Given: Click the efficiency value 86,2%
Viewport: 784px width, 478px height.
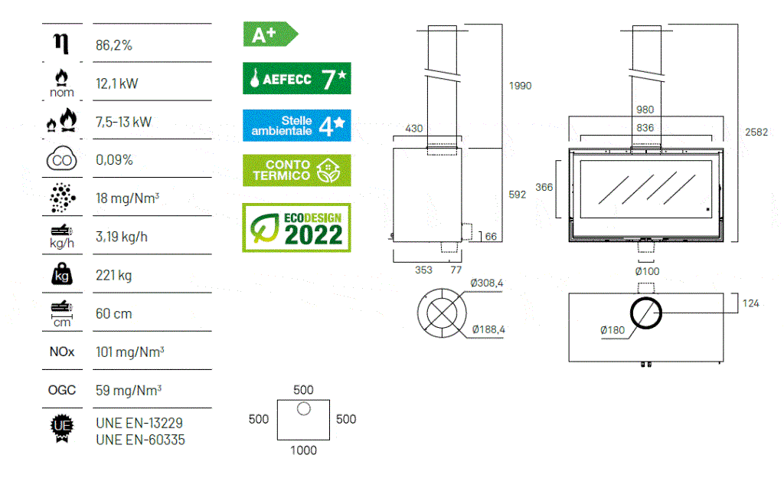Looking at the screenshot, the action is (114, 45).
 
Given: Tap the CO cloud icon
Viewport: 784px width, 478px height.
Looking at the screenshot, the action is (61, 159).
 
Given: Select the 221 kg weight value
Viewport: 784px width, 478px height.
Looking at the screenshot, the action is (114, 276).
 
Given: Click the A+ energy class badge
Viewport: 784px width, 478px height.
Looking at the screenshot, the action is (270, 34).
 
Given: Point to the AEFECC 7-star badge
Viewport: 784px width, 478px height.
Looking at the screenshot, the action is (297, 78).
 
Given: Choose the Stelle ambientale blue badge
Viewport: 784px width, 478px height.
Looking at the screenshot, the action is (297, 126).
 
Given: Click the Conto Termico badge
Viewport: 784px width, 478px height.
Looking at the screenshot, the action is (297, 171).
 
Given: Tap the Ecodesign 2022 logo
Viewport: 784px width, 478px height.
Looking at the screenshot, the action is (296, 228).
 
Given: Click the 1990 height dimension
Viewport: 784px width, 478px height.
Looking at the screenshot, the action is (520, 86).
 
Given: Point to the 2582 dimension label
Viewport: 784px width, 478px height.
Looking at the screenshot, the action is (756, 132).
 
